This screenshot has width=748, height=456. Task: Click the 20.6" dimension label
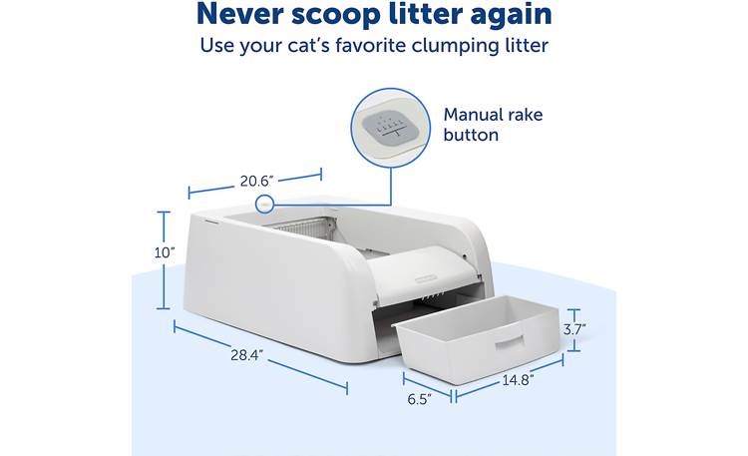(x=255, y=181)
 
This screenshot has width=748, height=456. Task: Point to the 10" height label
(x=165, y=252)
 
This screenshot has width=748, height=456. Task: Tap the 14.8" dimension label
(x=518, y=379)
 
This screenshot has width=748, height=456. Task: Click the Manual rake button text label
(x=486, y=124)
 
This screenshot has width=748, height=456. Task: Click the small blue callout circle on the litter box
(x=264, y=204)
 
